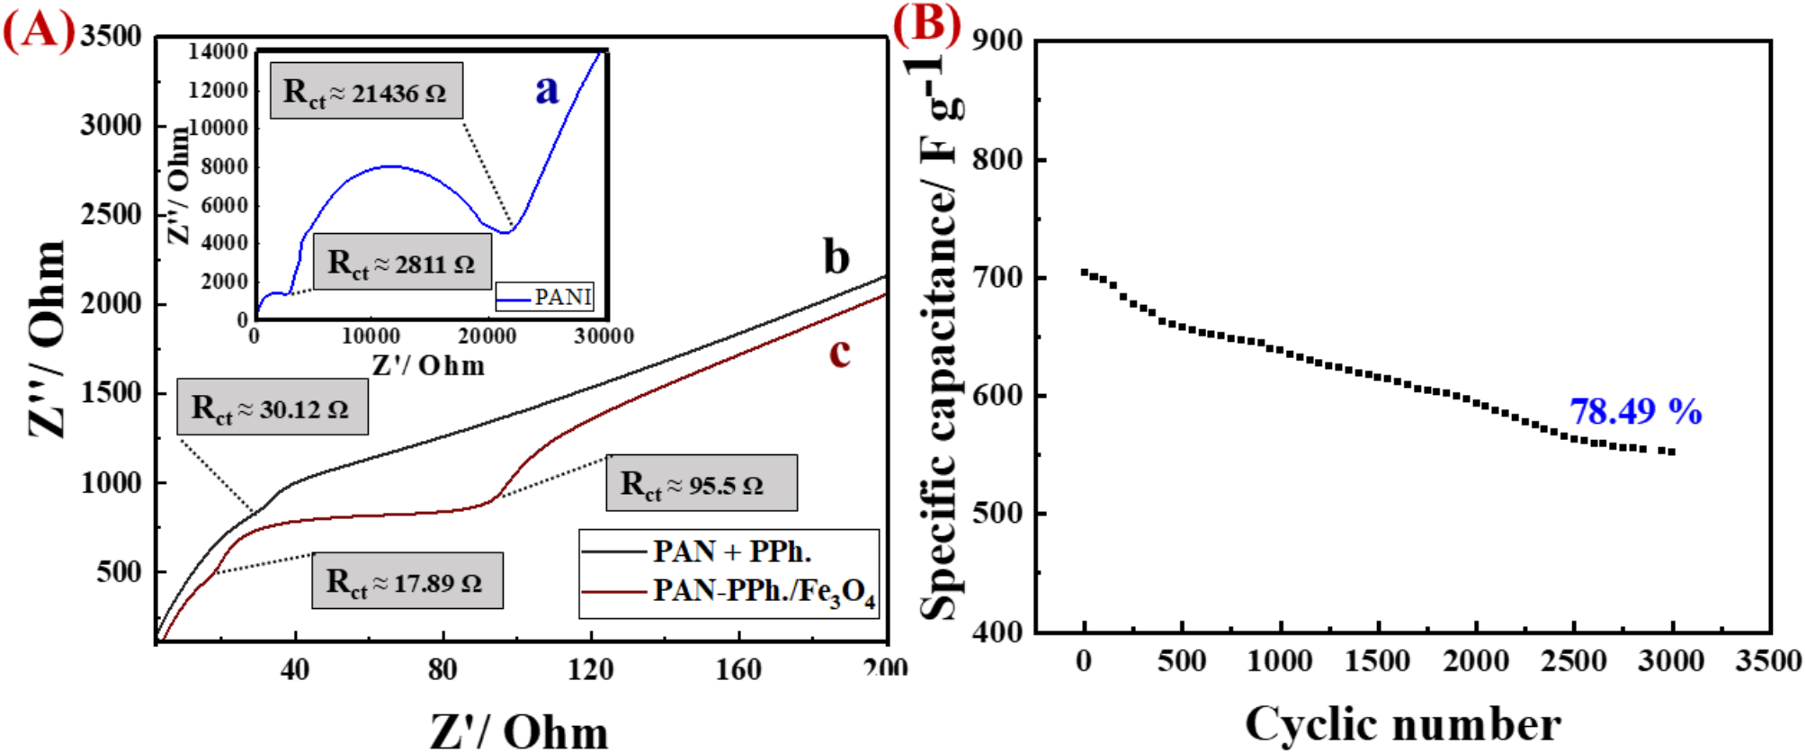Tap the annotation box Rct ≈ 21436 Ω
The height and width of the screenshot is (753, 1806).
(x=366, y=91)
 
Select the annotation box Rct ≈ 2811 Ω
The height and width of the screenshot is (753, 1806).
(x=402, y=263)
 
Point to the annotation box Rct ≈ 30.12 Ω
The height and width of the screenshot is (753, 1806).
(x=272, y=408)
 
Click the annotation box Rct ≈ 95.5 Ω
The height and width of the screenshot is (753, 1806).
(x=701, y=484)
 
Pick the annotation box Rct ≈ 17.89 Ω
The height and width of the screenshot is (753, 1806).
(x=407, y=582)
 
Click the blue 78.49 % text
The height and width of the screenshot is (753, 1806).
(x=1635, y=412)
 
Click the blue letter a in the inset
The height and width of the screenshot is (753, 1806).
(x=547, y=89)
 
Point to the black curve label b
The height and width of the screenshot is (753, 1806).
(x=836, y=257)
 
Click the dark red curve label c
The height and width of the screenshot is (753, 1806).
(x=839, y=353)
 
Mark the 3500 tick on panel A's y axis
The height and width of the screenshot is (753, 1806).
(x=111, y=37)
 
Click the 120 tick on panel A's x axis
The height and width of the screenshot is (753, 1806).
(x=590, y=669)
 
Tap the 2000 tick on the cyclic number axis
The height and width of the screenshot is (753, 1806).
(x=1475, y=661)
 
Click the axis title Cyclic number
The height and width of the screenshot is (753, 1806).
(x=1402, y=723)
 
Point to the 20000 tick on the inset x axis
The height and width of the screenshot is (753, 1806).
(x=487, y=336)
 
